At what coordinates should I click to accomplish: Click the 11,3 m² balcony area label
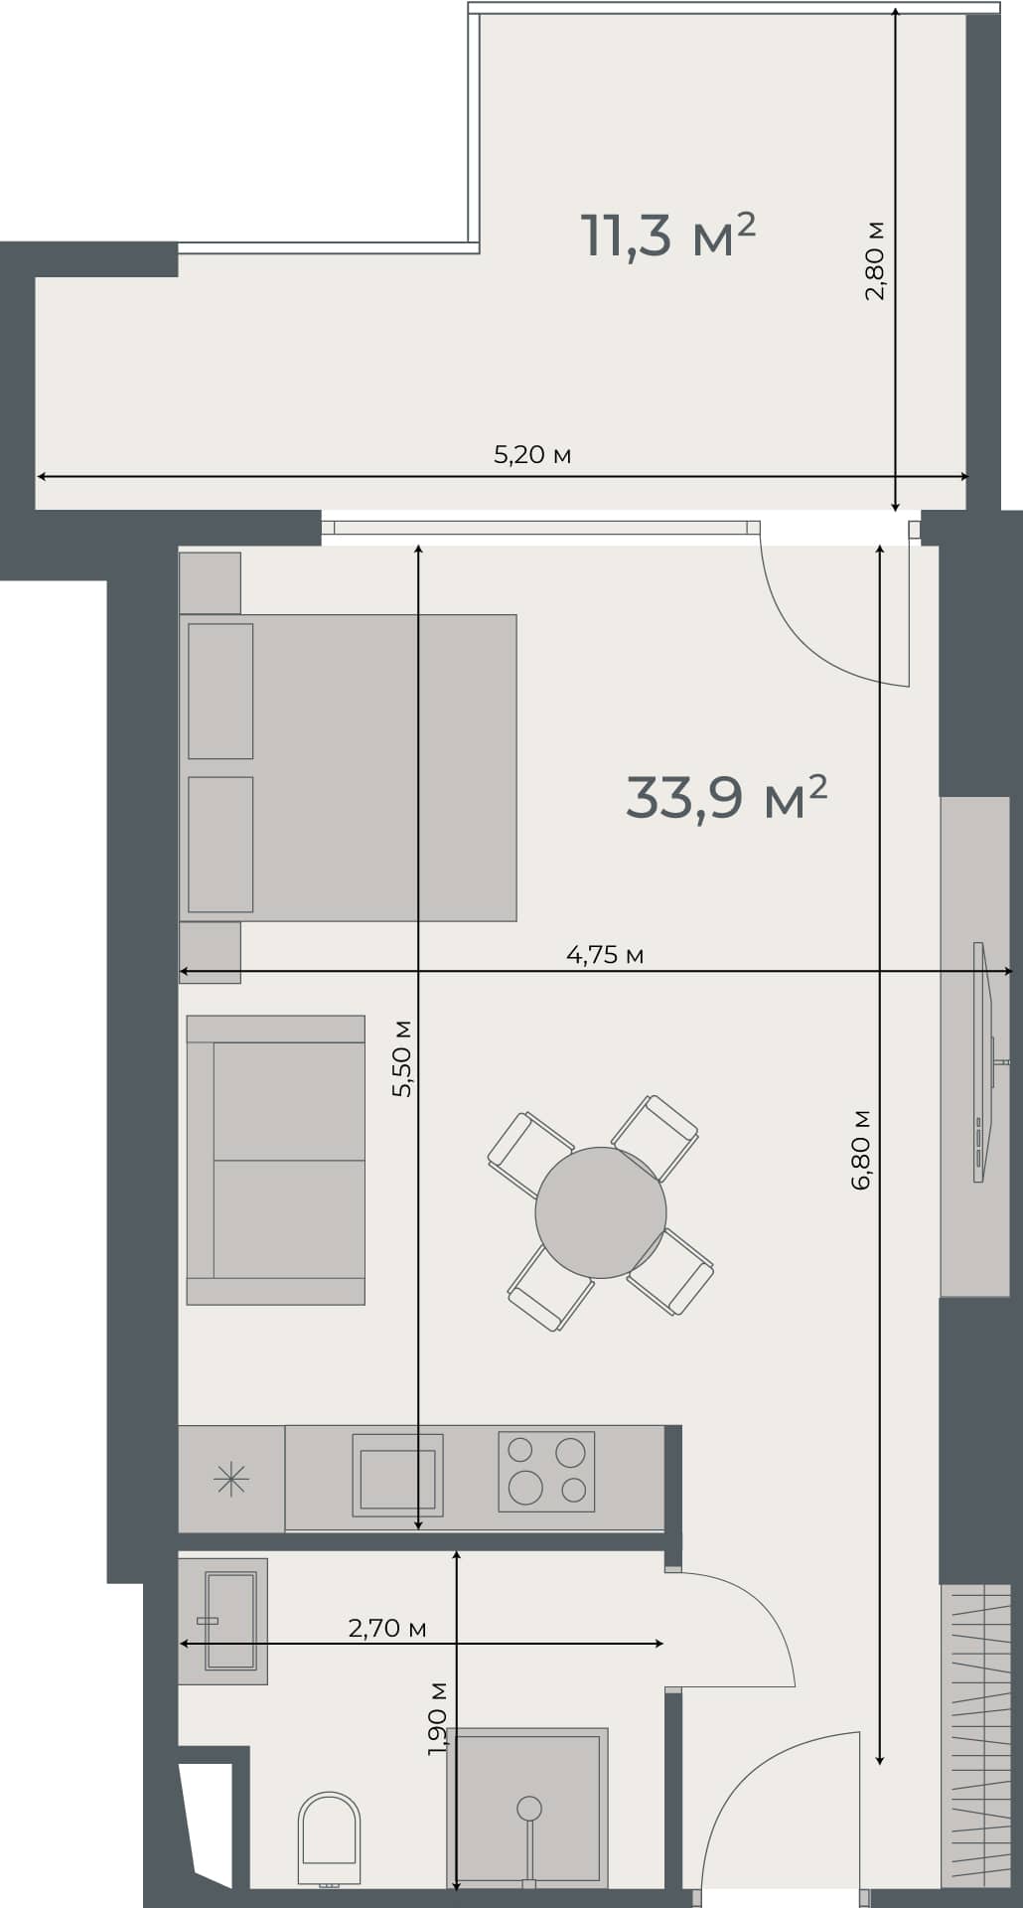667,236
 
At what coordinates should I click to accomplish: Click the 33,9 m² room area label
726,797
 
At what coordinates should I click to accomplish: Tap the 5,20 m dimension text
532,455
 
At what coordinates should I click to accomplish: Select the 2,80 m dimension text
874,260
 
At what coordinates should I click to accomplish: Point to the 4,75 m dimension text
605,955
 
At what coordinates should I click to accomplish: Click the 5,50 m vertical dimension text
402,1057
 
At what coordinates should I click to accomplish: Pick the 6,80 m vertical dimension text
861,1149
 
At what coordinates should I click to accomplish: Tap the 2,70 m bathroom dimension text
387,1628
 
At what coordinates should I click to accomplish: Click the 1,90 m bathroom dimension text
437,1718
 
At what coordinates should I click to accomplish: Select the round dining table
600,1211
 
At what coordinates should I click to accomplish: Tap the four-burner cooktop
546,1472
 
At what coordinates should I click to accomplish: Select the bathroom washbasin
229,1621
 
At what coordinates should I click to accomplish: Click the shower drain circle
529,1807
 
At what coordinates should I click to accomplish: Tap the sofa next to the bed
276,1160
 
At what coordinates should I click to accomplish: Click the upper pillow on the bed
220,691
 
